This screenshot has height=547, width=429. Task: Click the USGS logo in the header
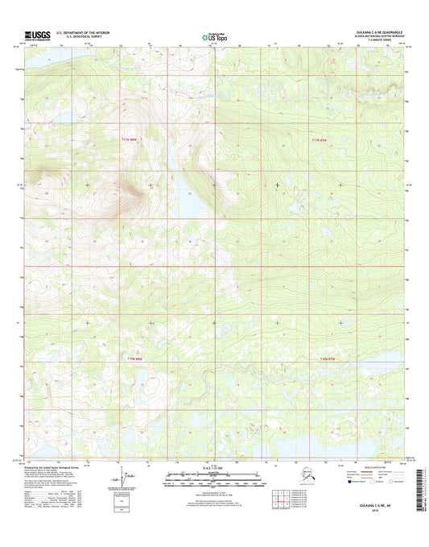pos(37,35)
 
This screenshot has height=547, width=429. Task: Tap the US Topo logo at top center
pos(213,35)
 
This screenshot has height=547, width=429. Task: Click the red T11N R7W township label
pos(319,140)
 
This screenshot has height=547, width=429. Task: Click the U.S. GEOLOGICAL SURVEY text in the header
pos(78,37)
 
